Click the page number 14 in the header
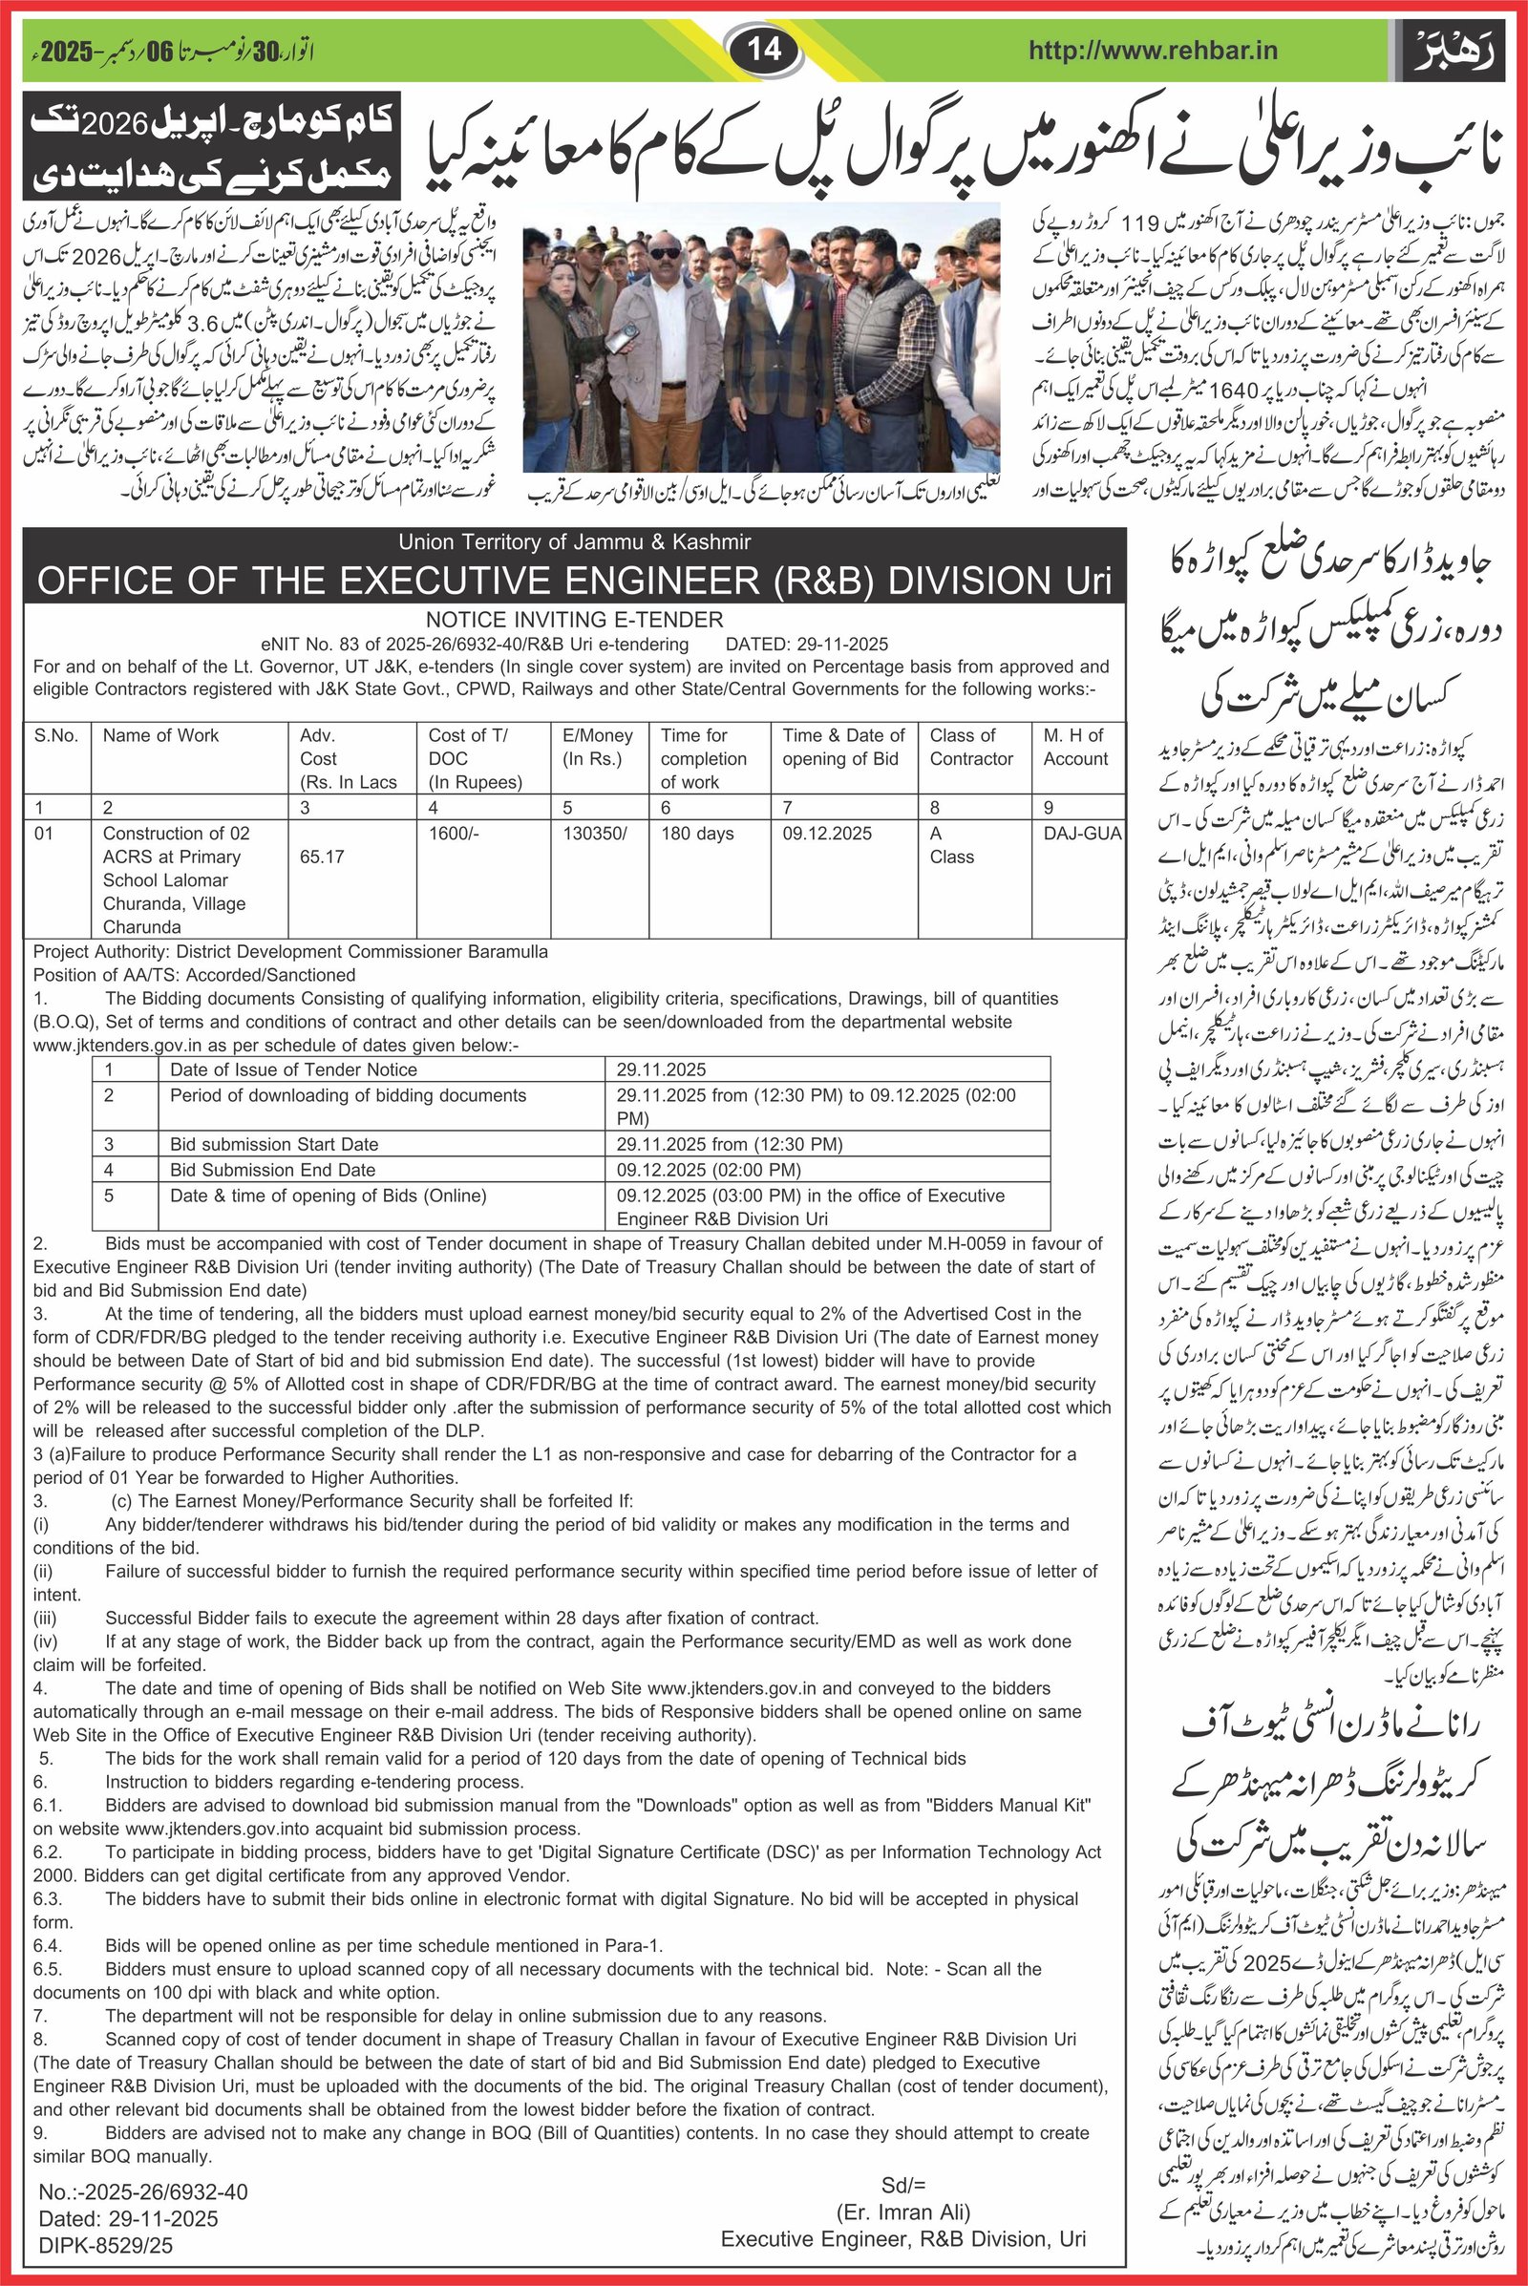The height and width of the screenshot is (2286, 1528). click(x=764, y=48)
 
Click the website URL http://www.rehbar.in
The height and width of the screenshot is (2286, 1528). click(x=1153, y=50)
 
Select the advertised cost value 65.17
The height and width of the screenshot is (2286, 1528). click(x=323, y=857)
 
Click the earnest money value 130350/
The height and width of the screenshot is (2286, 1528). click(x=595, y=833)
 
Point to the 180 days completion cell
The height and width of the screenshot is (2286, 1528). click(x=697, y=833)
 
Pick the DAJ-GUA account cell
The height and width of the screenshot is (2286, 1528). click(x=1082, y=833)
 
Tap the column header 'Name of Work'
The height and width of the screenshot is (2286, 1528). click(x=160, y=735)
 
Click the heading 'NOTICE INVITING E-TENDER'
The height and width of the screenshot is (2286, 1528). click(x=574, y=620)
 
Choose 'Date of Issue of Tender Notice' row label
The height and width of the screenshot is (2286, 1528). click(x=293, y=1069)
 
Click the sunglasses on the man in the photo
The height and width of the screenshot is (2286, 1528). click(x=666, y=253)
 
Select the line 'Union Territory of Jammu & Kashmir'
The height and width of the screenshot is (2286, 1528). click(x=574, y=541)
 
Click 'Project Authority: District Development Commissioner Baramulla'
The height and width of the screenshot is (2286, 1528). click(x=290, y=951)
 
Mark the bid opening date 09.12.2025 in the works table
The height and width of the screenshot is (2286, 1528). click(x=826, y=833)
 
